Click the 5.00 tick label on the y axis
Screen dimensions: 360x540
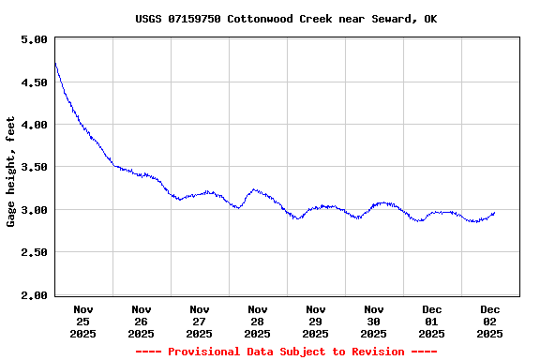coord(34,39)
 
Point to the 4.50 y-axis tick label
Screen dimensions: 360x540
coord(34,82)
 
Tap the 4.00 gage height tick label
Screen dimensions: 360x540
coord(34,125)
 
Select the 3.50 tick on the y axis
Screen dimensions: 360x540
coord(34,168)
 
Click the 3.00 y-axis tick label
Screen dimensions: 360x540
coord(34,210)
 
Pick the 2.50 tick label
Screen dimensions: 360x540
coord(34,253)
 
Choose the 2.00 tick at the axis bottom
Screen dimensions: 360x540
coord(34,295)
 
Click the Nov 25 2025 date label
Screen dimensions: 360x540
coord(83,321)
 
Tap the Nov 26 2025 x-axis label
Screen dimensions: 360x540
coord(142,321)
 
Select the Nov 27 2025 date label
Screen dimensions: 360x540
coord(200,321)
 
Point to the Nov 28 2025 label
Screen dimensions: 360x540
coord(258,321)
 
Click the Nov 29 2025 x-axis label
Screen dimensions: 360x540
coord(316,321)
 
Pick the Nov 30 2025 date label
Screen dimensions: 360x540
coord(374,321)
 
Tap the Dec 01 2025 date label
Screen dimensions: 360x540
coord(432,321)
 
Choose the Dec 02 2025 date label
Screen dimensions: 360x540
coord(490,321)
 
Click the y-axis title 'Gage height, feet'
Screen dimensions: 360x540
coord(11,172)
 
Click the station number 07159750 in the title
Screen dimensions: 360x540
coord(195,19)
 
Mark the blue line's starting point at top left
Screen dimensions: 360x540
coord(55,64)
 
